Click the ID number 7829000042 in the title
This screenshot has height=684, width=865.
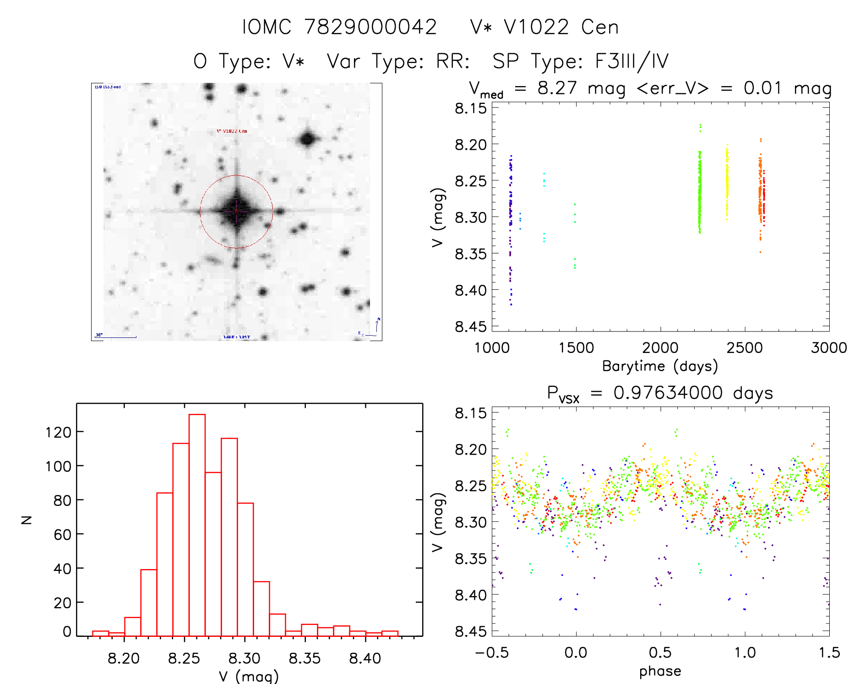click(x=370, y=27)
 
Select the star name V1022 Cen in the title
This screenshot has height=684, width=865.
click(x=561, y=27)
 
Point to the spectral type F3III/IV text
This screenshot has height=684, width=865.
click(x=631, y=61)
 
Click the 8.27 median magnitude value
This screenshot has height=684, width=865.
click(x=557, y=88)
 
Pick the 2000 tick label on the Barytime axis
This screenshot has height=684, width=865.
click(x=660, y=348)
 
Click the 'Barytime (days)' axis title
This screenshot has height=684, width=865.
click(x=660, y=366)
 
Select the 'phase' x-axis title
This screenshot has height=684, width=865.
click(x=660, y=671)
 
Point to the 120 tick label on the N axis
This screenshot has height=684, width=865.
click(x=58, y=432)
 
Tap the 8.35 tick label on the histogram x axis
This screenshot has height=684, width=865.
click(x=305, y=658)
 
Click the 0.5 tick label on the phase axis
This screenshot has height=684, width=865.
click(x=660, y=652)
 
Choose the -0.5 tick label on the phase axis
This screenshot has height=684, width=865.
click(x=492, y=652)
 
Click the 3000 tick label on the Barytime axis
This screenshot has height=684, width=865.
click(x=829, y=348)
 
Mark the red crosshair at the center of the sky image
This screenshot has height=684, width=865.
click(x=236, y=212)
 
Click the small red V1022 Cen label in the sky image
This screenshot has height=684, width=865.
click(x=232, y=131)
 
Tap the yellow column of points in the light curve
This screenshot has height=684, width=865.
click(x=727, y=183)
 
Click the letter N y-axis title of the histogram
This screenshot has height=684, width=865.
click(x=27, y=520)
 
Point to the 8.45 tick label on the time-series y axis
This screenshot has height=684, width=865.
click(x=471, y=326)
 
